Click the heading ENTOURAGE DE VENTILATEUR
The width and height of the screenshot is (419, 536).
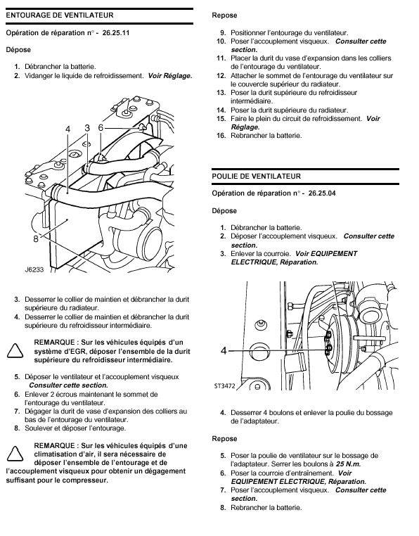(x=60, y=15)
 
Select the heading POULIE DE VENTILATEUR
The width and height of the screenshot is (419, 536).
(x=257, y=177)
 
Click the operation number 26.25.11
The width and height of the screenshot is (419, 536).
(x=116, y=33)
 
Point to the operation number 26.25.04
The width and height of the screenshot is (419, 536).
(x=322, y=193)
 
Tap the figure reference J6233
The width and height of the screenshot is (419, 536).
(x=34, y=269)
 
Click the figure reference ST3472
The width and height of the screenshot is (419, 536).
(x=224, y=386)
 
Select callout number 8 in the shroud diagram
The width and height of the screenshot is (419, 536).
(x=36, y=239)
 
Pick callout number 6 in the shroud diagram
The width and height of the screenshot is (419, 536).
(x=101, y=127)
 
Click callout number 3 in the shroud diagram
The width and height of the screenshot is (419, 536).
(x=87, y=128)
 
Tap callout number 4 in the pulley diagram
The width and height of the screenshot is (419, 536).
(x=224, y=351)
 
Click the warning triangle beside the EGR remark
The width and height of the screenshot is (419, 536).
(x=15, y=351)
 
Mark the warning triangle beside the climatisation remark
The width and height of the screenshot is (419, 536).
(x=15, y=454)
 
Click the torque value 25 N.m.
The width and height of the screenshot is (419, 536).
(x=348, y=464)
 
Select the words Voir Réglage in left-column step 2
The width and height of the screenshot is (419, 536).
(x=170, y=76)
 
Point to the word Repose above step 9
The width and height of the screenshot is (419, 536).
(x=224, y=15)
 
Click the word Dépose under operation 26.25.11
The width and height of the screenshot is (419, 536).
(x=18, y=50)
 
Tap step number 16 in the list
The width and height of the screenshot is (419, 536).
(x=221, y=136)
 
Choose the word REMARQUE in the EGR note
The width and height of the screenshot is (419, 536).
(x=54, y=343)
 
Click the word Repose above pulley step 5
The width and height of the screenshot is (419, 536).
(x=224, y=439)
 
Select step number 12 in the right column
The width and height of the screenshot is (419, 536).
(x=221, y=76)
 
